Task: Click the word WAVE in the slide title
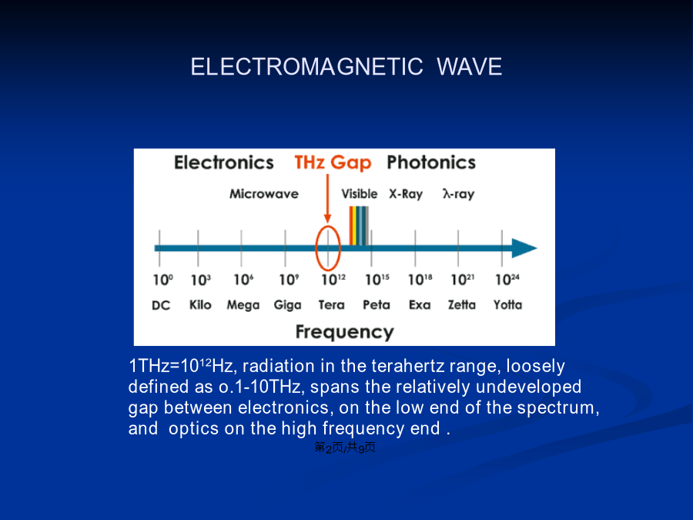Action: tap(469, 67)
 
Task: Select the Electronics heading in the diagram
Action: tap(223, 163)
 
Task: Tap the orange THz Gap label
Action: tap(333, 163)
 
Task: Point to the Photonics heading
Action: tap(431, 163)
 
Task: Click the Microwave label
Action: tap(264, 193)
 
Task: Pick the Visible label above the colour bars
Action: tap(360, 193)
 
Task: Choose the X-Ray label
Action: tap(406, 194)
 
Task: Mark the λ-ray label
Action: tap(458, 194)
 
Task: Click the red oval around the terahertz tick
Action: tap(316, 248)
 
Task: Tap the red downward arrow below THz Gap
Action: tap(327, 199)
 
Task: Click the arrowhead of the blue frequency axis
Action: tap(524, 248)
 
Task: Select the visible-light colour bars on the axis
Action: tap(359, 226)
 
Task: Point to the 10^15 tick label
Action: tap(377, 280)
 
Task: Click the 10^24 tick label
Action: tap(507, 280)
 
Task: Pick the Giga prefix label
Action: tap(287, 305)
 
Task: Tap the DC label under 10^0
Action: tap(161, 305)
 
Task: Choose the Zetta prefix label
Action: tap(462, 304)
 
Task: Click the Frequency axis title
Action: tap(344, 331)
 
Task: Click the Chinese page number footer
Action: tap(345, 448)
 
